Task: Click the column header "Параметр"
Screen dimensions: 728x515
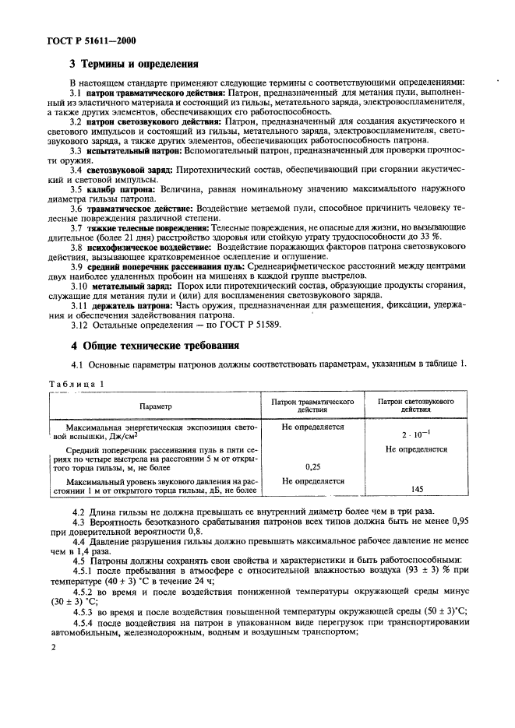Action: [156, 406]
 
